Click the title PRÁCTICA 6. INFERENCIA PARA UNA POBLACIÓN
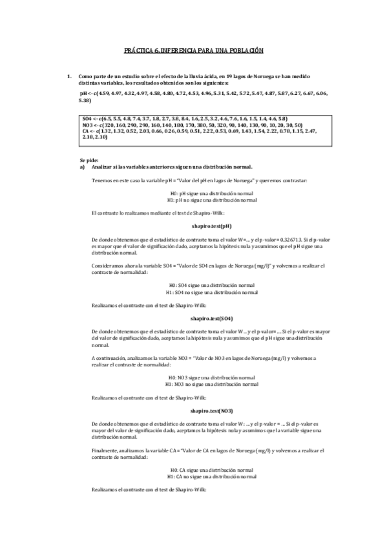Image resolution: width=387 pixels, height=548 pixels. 194,50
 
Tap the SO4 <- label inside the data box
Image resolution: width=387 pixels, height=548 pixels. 90,120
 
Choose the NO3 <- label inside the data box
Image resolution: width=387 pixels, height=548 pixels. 90,125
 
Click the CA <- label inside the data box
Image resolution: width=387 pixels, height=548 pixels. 89,131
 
